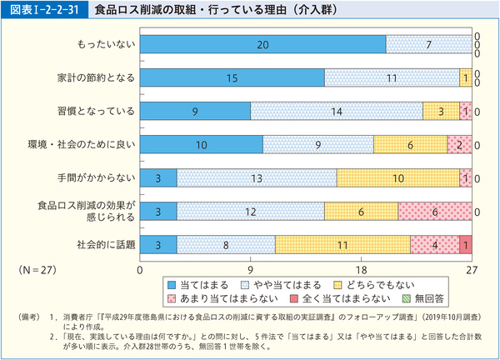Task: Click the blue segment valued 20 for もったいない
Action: click(263, 44)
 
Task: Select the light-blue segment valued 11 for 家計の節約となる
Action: click(391, 77)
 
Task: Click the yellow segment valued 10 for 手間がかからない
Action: click(398, 177)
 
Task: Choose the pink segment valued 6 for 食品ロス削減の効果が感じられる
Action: click(434, 211)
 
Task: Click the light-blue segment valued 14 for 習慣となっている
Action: click(337, 111)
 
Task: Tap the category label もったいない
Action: click(104, 44)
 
